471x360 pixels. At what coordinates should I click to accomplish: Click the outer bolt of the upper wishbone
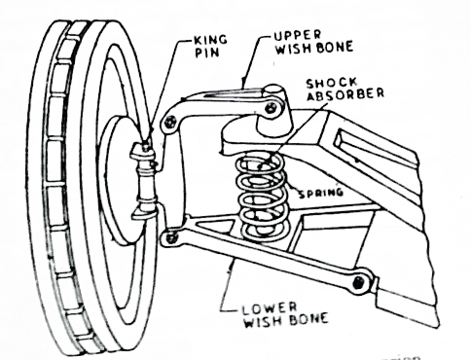(x=169, y=121)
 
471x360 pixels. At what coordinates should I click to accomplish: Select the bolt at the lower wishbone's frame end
(x=363, y=282)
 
